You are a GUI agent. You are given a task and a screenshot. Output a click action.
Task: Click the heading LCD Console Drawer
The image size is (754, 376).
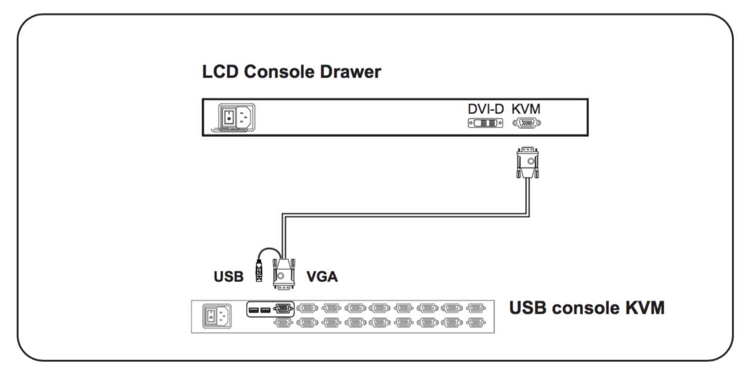(x=291, y=72)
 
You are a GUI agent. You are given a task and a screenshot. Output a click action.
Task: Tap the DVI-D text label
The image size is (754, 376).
(x=486, y=109)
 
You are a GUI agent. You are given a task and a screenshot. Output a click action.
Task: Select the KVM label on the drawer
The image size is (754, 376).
(x=526, y=109)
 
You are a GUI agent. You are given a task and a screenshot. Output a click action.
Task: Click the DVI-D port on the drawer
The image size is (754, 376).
(x=486, y=123)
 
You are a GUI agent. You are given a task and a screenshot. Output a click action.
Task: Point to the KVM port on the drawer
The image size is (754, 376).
(x=527, y=123)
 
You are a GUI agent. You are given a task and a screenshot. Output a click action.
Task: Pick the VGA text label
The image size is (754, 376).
(x=322, y=276)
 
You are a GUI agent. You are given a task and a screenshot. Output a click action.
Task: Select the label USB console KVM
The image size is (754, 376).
(x=587, y=307)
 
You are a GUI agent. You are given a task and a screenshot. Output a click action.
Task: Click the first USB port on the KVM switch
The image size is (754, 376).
(x=253, y=310)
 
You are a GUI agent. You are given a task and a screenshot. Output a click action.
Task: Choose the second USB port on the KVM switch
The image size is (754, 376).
(x=265, y=310)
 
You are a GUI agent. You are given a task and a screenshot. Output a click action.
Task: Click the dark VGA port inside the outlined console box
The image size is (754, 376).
(x=283, y=308)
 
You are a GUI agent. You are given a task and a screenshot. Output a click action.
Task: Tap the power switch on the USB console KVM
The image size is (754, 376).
(x=210, y=317)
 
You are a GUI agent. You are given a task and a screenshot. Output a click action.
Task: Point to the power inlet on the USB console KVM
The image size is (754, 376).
(x=223, y=317)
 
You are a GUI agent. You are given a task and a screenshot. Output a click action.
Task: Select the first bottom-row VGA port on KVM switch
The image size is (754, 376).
(x=283, y=322)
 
